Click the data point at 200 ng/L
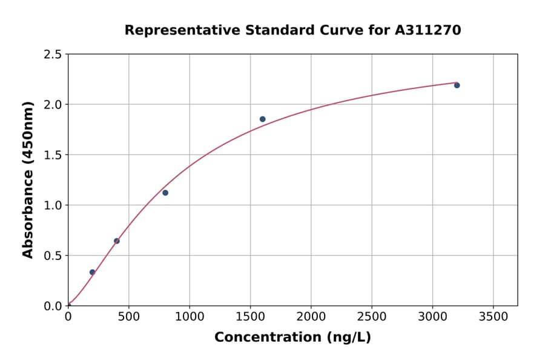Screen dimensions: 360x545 92,272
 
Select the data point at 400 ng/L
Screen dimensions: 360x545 117,241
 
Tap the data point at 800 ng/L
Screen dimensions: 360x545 165,193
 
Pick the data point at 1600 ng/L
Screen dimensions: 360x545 262,119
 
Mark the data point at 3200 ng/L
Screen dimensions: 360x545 457,85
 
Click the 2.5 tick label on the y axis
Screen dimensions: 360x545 53,55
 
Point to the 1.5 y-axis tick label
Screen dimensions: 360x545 53,155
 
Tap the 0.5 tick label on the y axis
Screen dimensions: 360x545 53,256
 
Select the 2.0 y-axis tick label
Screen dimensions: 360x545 53,105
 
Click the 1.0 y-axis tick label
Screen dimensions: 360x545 53,205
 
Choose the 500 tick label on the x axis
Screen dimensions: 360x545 129,317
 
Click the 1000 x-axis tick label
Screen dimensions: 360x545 190,317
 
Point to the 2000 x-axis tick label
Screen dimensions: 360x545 311,317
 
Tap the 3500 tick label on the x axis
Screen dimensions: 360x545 493,317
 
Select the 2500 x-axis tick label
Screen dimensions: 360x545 372,317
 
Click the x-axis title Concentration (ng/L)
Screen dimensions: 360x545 292,338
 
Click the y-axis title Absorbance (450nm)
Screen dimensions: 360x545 28,179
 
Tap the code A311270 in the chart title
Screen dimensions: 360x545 428,30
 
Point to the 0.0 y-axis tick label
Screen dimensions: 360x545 53,306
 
